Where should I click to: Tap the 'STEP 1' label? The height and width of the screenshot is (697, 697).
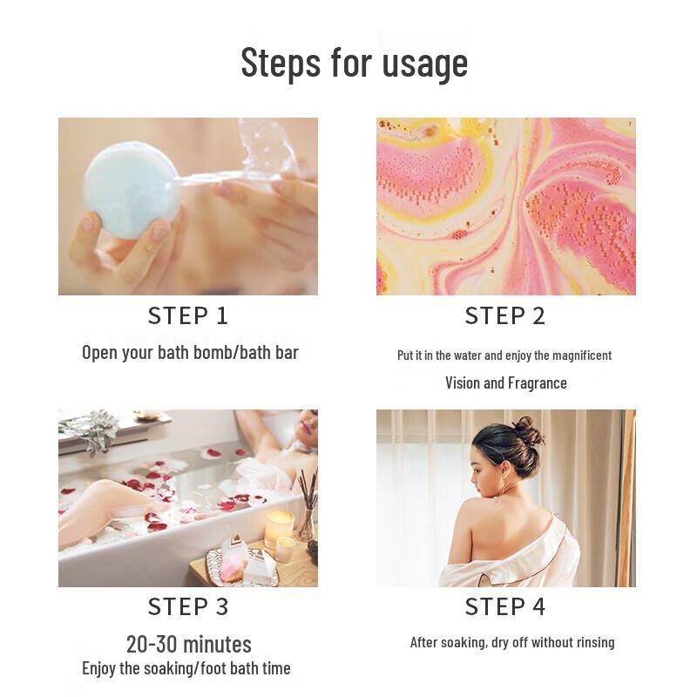tap(188, 315)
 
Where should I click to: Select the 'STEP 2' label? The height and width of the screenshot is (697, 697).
tap(505, 315)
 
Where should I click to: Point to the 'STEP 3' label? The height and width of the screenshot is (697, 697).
tap(188, 606)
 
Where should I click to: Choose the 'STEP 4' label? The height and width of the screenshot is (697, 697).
tap(505, 606)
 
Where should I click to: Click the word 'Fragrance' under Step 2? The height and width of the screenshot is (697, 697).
tap(538, 382)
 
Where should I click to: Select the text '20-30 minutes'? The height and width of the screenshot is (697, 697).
tap(189, 644)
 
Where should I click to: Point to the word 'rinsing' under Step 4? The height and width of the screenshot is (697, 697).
tap(593, 642)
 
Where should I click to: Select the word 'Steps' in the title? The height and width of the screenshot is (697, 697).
tap(280, 63)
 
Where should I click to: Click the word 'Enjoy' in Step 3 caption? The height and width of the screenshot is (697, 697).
tap(103, 668)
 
